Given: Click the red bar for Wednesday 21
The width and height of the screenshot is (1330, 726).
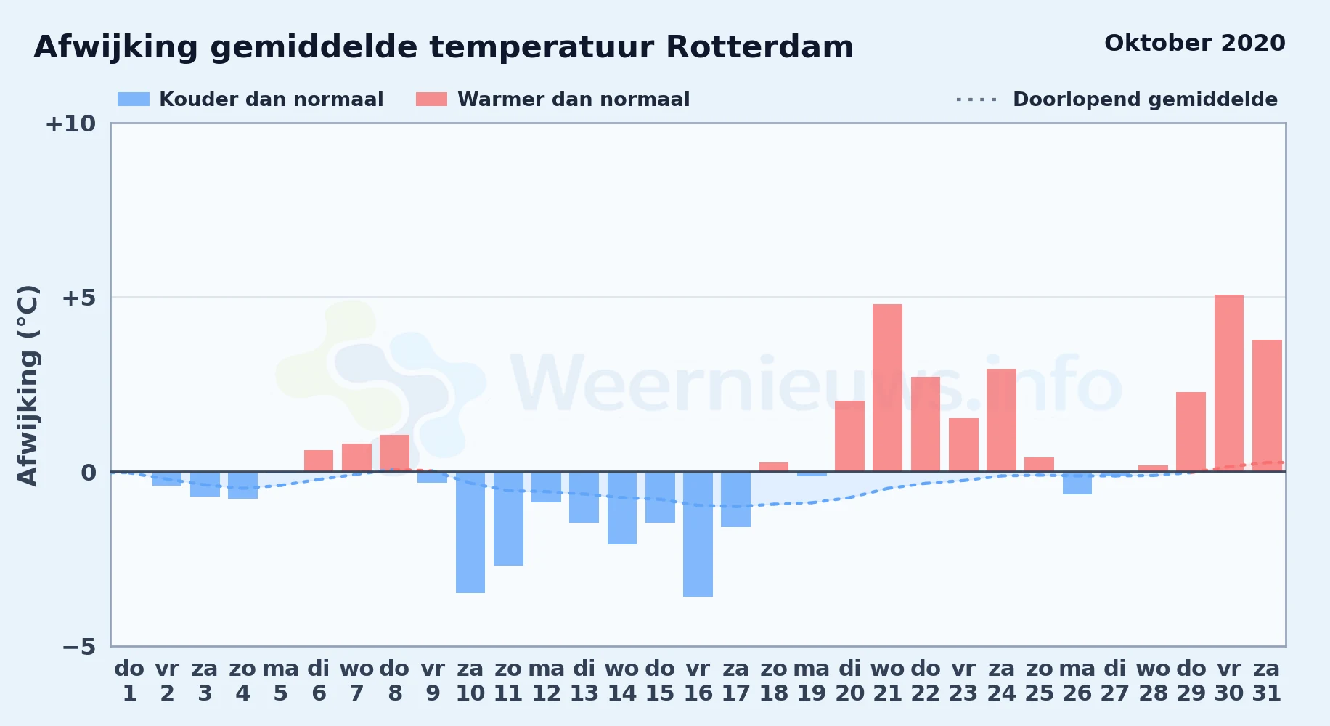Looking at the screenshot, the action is [887, 388].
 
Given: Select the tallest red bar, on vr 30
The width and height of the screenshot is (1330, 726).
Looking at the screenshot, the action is [1229, 383].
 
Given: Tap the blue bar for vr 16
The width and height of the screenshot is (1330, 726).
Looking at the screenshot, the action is [698, 534].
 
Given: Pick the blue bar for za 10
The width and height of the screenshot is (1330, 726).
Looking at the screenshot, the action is [470, 532].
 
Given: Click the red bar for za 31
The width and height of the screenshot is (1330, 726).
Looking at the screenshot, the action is [1267, 406].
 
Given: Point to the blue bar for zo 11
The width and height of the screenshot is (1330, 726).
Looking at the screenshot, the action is [508, 518].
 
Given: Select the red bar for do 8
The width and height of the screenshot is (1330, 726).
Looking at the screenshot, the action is [395, 453].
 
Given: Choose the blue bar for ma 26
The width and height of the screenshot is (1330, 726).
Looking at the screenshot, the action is [1077, 483].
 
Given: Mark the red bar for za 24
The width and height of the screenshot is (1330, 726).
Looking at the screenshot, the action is [1001, 420].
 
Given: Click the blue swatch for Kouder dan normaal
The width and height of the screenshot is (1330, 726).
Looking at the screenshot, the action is [134, 99].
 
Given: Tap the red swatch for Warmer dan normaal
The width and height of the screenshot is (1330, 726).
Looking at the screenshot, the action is [432, 99].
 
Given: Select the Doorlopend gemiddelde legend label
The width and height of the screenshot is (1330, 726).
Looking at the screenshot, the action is [1145, 99].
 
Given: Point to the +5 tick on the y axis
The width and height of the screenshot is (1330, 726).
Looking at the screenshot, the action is [79, 298].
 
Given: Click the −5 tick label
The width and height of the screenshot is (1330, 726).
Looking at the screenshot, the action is [79, 647].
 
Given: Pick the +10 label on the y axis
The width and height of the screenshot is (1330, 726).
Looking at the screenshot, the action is [70, 123].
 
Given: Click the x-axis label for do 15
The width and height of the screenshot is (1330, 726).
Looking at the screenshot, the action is [660, 681].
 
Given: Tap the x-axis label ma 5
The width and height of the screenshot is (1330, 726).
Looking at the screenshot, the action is [281, 681].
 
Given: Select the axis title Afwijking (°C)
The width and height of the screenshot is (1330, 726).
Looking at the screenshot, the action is [28, 386].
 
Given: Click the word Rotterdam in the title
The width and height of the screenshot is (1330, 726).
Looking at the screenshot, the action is [759, 47].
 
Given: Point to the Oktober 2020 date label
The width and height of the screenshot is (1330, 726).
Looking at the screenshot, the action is [1195, 43].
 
